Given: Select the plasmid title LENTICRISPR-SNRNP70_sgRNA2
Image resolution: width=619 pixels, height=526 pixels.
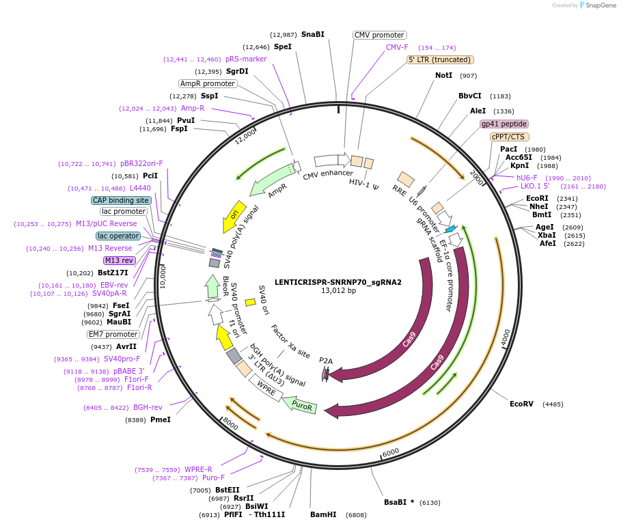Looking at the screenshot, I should point(338,281).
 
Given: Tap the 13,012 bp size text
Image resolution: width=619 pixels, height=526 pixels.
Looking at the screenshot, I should point(338,290).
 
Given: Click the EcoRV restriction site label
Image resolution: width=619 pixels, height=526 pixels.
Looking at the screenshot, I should point(521,404).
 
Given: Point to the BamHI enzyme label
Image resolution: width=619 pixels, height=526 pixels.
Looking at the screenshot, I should point(323,514).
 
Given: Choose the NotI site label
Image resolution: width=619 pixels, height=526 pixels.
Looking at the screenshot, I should point(443,75).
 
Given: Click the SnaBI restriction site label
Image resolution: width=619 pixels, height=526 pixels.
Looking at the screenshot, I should point(312,34).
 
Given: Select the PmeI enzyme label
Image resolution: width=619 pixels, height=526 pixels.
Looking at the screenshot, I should point(160,419).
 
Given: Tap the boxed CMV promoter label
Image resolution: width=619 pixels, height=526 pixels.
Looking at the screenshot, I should point(379,35).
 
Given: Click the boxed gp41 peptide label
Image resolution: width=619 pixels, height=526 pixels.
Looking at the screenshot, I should point(504,124).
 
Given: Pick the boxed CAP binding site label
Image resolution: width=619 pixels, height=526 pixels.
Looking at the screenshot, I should point(121,200).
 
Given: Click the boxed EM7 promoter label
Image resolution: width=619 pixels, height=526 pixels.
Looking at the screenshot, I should point(113,334).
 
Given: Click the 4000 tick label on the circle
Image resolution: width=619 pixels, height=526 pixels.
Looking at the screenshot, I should point(505,337).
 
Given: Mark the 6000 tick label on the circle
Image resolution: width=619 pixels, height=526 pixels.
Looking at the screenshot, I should point(390,453).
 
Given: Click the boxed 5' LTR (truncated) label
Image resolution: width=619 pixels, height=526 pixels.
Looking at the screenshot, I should point(440,59).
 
